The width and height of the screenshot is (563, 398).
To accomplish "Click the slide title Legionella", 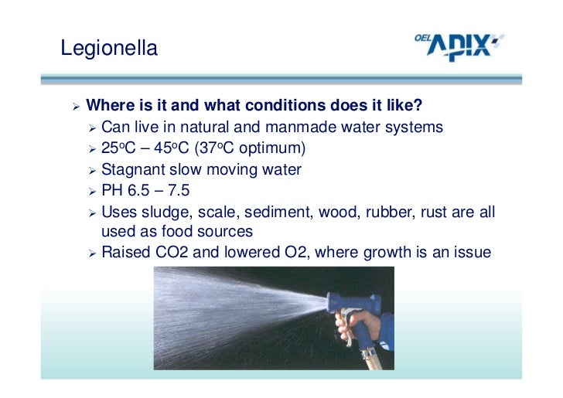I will pyautogui.click(x=109, y=49).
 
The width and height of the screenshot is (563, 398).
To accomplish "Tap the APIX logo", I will pyautogui.click(x=462, y=48).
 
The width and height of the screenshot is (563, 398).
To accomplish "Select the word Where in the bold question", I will pyautogui.click(x=107, y=105).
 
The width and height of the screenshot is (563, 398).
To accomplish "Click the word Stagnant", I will pyautogui.click(x=132, y=168).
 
